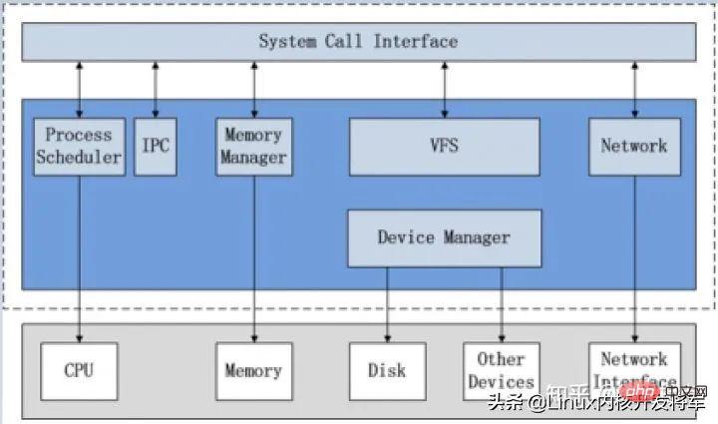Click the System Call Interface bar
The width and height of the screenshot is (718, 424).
point(359,41)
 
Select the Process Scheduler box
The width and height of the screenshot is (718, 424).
point(79,147)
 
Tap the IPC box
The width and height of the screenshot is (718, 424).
point(156,147)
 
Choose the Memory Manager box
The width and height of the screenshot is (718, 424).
point(254,147)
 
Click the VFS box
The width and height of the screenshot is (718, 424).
point(444,147)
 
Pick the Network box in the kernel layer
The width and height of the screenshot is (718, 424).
point(634,147)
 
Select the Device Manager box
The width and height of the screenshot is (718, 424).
point(444,237)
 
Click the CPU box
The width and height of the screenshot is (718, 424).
point(79,371)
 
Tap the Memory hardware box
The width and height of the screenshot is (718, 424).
point(254,371)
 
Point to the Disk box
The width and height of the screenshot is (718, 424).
point(387,371)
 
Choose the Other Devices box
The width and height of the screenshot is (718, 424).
point(501,371)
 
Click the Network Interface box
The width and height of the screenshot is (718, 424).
point(634,371)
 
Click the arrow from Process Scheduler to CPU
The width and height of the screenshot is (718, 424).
point(79,259)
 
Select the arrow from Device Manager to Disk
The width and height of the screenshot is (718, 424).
point(388,304)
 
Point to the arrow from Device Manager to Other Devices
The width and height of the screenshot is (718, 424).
point(501,304)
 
